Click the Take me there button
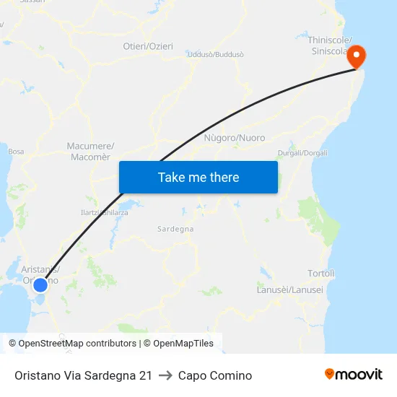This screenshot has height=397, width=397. (198, 177)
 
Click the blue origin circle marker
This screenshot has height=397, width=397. (40, 285)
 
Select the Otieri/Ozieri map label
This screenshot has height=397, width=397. (148, 46)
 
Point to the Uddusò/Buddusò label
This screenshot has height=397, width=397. (215, 54)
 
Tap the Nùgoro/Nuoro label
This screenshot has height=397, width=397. (235, 137)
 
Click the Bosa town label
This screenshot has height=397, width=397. (16, 152)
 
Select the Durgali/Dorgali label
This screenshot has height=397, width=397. (302, 153)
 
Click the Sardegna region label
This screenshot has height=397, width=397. (175, 229)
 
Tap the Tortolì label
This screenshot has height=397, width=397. (321, 274)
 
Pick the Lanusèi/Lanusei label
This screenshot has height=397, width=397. (290, 289)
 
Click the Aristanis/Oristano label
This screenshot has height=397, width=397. (40, 274)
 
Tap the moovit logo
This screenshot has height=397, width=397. (353, 375)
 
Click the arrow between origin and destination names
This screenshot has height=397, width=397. (165, 375)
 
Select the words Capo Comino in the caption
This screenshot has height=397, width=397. (215, 375)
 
